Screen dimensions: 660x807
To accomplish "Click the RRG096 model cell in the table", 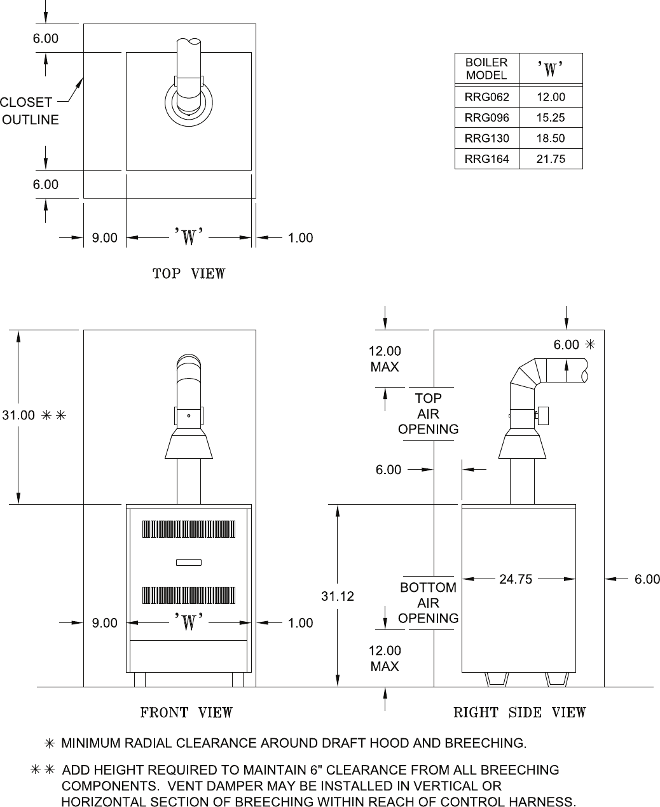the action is tap(486, 118).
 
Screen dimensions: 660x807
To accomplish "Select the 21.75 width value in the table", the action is tap(551, 159).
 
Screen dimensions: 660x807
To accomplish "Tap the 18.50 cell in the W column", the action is tap(551, 138).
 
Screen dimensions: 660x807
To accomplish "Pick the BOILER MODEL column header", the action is tap(486, 69).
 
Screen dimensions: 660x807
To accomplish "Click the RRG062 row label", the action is tap(486, 97).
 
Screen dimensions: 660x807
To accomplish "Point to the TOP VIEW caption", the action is tap(189, 274).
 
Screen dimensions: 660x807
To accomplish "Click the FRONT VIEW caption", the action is tap(186, 712).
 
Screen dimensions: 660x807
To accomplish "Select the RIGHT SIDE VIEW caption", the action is tap(519, 712).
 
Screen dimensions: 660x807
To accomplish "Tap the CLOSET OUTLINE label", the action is tap(29, 111).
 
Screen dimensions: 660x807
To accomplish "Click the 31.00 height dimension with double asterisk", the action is tap(34, 415).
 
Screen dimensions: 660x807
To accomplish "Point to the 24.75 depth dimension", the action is tap(516, 579).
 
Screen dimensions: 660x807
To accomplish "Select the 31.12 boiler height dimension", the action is tap(337, 596).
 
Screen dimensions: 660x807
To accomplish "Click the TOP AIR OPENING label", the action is tap(429, 414).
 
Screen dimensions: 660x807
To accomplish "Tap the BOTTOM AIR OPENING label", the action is tap(429, 603).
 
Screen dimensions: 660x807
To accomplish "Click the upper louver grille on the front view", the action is tap(189, 530).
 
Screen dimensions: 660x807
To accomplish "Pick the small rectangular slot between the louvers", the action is tap(189, 563).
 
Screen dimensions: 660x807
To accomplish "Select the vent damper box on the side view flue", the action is tap(543, 416).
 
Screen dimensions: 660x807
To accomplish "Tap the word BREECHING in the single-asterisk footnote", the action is tap(485, 743).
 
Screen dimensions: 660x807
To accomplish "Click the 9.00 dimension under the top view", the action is tap(104, 237).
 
